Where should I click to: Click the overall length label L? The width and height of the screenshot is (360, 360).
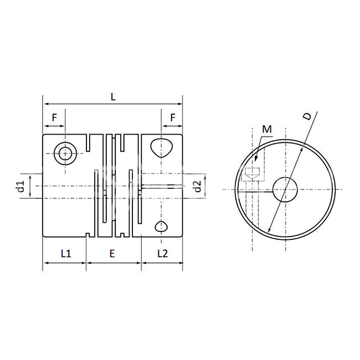point(113,97)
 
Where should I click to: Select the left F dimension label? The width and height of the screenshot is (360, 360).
point(54,117)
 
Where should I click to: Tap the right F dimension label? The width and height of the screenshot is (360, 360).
point(173,117)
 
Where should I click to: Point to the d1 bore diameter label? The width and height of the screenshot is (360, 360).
point(21,186)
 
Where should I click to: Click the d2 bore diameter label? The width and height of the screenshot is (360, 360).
point(198,186)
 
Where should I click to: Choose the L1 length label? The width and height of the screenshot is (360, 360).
point(66,254)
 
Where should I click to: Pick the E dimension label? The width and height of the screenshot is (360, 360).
point(112,254)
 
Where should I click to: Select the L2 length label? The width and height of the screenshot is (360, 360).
point(162,254)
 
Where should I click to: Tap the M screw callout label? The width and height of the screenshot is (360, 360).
point(267,129)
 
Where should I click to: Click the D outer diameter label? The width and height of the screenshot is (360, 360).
point(307,116)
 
